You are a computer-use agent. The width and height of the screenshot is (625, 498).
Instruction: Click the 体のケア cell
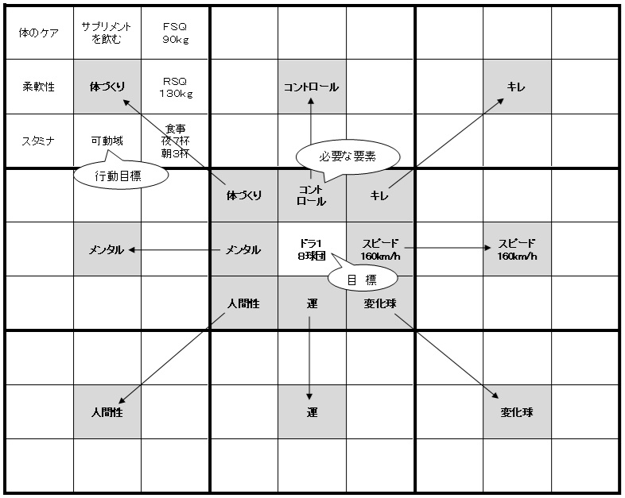39,33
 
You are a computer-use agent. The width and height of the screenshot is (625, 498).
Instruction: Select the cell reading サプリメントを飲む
107,33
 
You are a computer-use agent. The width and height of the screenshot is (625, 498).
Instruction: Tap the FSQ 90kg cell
175,33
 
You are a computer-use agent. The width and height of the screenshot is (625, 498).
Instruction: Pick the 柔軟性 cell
39,87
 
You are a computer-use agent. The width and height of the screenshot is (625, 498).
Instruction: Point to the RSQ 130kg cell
175,87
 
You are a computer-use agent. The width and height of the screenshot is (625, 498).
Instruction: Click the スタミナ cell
39,141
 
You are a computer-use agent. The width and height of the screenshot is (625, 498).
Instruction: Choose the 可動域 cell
107,141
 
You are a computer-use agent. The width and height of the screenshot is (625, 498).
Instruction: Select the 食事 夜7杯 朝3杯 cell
175,141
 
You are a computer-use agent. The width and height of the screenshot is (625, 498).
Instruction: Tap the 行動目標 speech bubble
121,175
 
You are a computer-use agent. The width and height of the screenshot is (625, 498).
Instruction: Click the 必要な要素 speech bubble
347,157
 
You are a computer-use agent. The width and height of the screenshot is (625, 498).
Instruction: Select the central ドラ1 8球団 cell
312,249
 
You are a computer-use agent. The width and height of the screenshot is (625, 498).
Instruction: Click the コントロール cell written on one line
312,87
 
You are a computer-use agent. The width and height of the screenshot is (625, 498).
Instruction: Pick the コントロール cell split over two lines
312,195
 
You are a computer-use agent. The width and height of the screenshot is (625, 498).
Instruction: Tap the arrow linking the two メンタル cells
174,250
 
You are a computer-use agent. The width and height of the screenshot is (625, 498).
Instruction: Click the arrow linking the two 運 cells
309,358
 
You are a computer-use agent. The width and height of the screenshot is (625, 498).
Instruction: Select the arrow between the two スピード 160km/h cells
448,248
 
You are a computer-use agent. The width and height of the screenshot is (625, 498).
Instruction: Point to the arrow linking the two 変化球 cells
446,356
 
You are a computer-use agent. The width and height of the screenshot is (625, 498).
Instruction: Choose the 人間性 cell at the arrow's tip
107,411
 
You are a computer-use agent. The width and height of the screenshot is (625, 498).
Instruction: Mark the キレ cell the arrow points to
517,87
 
